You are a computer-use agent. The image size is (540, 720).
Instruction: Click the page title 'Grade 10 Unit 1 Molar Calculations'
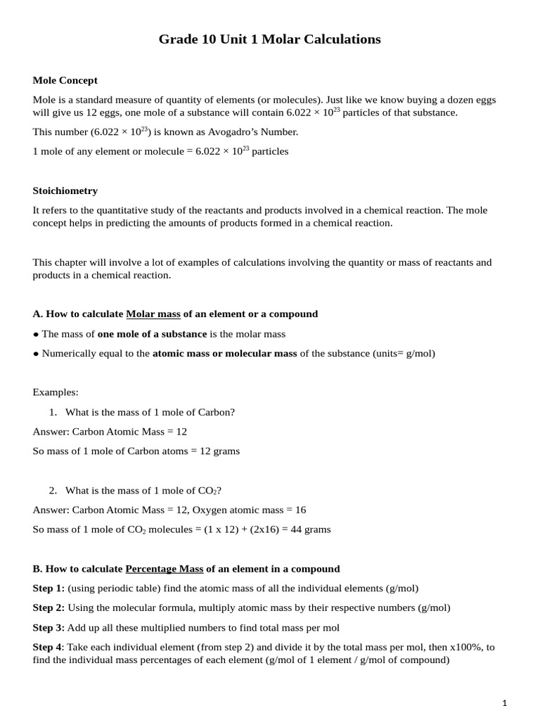(x=269, y=39)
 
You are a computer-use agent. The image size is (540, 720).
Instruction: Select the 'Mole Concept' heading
(x=65, y=80)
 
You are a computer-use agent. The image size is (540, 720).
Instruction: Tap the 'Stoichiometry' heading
(x=65, y=191)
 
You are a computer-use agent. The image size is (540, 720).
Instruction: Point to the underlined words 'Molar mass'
(x=153, y=314)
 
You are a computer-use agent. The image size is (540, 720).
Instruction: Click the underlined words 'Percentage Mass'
(x=164, y=568)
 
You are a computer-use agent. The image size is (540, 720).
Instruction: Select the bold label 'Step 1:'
(x=49, y=588)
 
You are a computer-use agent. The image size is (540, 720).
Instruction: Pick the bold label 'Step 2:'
(x=49, y=607)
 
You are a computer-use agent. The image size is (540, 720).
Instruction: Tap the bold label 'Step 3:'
(x=49, y=627)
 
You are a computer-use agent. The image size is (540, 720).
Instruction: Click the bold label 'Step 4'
(x=47, y=647)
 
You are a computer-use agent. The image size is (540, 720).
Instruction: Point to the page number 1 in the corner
(x=504, y=702)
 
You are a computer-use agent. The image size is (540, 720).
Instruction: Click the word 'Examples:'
(x=56, y=392)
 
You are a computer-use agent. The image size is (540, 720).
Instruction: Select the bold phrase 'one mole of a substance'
(x=152, y=334)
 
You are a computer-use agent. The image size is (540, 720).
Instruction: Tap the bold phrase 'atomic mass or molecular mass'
(x=224, y=353)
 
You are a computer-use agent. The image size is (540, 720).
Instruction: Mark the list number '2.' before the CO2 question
(x=53, y=490)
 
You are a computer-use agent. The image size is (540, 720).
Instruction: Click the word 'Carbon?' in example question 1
(x=216, y=412)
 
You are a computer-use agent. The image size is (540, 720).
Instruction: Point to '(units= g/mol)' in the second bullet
(x=404, y=353)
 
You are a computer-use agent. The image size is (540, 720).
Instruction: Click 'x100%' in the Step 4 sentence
(x=465, y=647)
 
